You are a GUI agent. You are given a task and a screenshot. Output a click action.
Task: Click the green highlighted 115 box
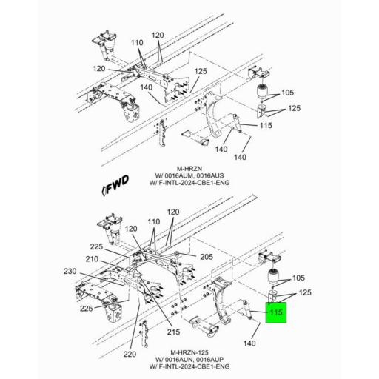(x=275, y=313)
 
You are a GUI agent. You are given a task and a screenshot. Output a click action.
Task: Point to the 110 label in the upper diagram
(x=136, y=44)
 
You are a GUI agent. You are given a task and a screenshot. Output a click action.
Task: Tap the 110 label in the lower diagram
(x=152, y=221)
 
